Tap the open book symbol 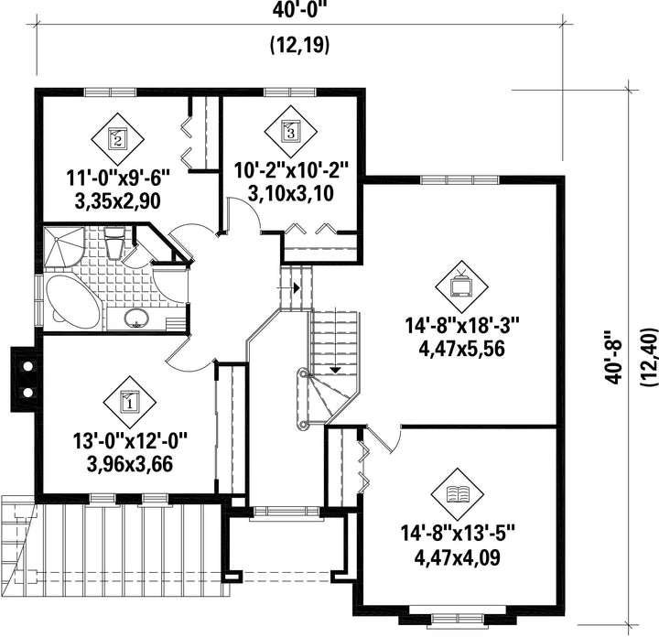coord(458,493)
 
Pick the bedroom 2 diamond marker coord(117,138)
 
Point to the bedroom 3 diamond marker coord(290,131)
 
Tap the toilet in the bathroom coord(114,243)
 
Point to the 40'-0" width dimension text coord(299,10)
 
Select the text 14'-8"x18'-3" coord(462,326)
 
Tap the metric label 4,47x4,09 coord(458,558)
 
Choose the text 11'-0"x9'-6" coord(118,178)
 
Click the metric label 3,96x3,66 coord(130,464)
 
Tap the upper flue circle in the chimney coord(27,366)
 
